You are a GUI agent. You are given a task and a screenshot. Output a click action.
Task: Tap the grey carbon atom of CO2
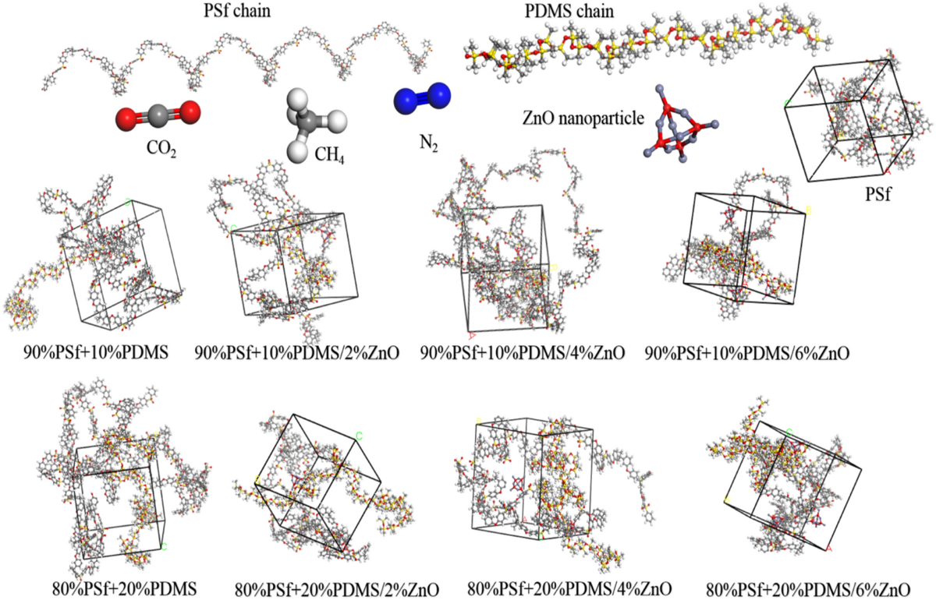pos(157,117)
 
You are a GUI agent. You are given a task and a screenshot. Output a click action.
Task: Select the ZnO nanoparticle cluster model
pos(675,129)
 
